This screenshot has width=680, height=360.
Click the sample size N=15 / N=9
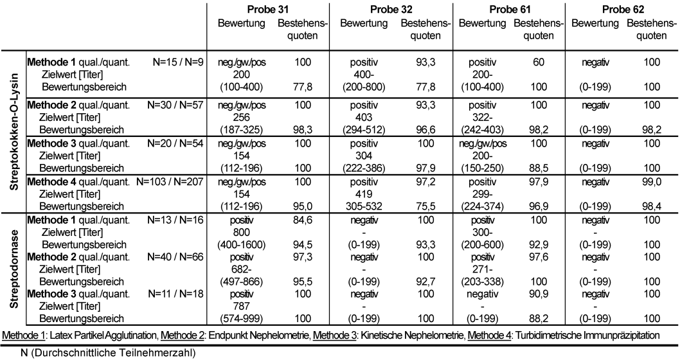pyautogui.click(x=177, y=62)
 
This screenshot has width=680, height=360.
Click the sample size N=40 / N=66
pyautogui.click(x=175, y=256)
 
